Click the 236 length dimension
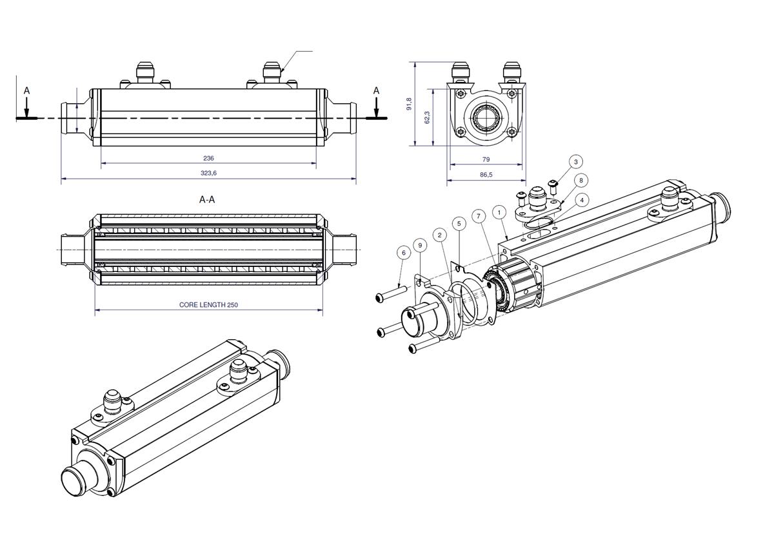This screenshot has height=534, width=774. click(x=208, y=158)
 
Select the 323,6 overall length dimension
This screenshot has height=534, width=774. click(x=208, y=173)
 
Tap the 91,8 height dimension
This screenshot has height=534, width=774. click(x=409, y=104)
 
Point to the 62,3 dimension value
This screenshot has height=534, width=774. click(x=427, y=117)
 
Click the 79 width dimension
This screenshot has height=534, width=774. click(x=486, y=159)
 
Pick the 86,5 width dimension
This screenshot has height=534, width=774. click(x=486, y=175)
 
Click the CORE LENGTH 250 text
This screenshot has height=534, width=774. click(x=208, y=304)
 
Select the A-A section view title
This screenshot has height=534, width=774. click(x=207, y=200)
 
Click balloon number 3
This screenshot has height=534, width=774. click(x=576, y=161)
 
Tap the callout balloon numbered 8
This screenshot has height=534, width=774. click(x=581, y=181)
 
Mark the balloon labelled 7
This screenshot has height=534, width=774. click(x=478, y=216)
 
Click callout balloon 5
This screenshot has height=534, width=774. click(x=459, y=223)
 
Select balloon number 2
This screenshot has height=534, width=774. click(x=440, y=235)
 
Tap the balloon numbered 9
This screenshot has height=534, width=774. click(x=421, y=245)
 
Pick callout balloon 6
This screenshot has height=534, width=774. click(x=404, y=253)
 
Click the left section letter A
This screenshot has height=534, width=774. click(x=26, y=91)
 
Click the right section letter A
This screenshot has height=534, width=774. click(x=376, y=91)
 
